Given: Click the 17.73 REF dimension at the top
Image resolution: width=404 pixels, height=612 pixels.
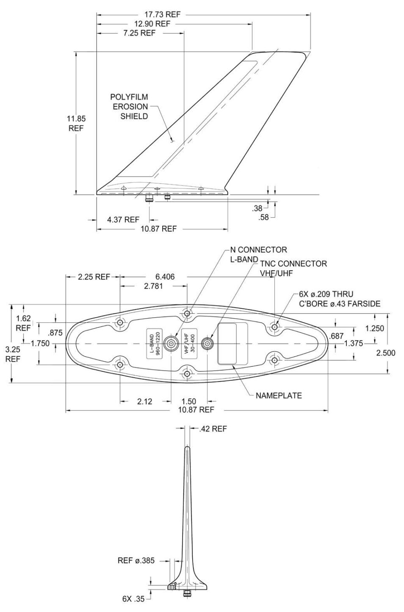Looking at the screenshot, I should coord(162,14).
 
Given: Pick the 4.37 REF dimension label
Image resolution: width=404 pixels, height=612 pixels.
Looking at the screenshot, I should coord(123,219).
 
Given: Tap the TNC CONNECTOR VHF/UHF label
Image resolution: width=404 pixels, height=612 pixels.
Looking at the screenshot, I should coord(293,268).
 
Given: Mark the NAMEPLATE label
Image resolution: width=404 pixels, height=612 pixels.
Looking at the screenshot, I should coord(279,396).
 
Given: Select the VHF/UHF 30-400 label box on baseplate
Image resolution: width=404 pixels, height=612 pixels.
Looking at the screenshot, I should coord(189,343).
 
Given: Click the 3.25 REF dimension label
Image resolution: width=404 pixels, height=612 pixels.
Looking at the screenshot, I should coord(13,354).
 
